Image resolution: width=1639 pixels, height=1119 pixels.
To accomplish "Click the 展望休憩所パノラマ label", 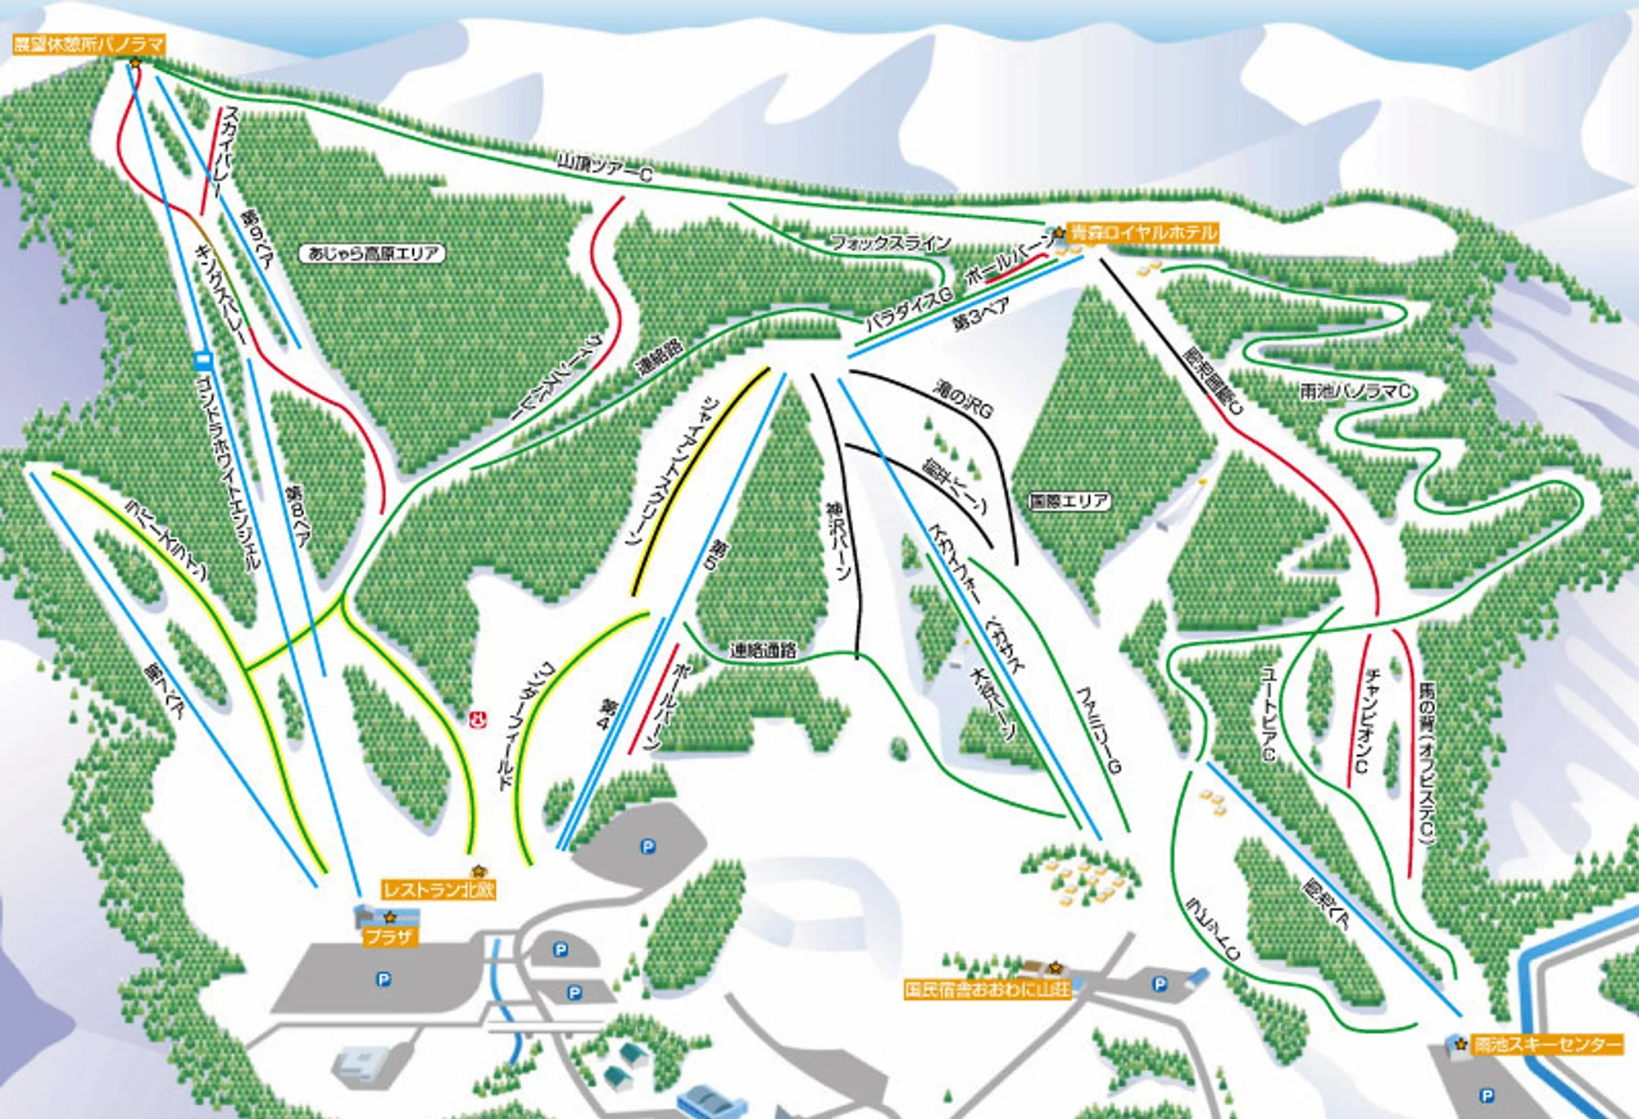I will point(89,44).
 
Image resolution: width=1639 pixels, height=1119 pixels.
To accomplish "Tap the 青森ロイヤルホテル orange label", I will point(1144,233).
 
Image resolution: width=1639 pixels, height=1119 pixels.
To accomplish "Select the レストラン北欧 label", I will point(438,889).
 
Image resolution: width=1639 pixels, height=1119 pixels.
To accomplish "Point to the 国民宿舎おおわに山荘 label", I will point(987,989).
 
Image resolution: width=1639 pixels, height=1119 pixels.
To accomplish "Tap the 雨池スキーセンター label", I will point(1547,1044).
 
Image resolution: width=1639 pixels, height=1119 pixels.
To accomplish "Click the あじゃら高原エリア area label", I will point(373,253).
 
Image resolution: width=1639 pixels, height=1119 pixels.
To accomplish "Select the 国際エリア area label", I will point(1069,501).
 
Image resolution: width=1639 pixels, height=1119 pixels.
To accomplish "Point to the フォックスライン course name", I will point(891,243).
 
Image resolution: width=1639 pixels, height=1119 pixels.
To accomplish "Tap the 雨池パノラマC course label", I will point(1356,392).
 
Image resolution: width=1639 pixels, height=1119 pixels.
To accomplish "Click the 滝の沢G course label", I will point(963,399).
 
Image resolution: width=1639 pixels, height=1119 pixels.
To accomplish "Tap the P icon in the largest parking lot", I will point(383,979).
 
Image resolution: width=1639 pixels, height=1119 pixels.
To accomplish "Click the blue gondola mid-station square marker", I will point(203,359).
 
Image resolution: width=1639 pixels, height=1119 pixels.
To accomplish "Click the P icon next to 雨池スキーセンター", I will point(1487,1095).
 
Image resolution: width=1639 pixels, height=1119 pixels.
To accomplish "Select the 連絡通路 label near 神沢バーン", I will point(763,651).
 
